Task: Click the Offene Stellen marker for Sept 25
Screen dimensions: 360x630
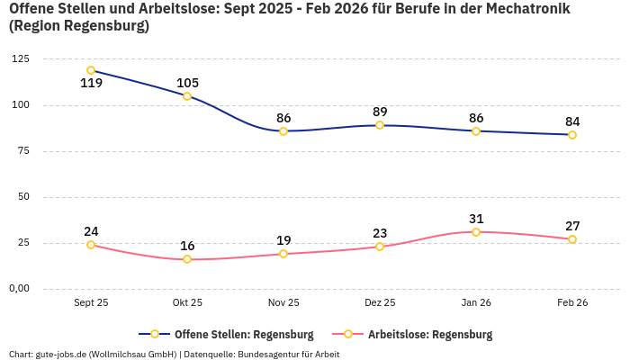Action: (91, 70)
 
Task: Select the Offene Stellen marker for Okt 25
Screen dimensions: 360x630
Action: (187, 96)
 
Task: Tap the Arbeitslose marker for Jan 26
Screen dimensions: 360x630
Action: (476, 232)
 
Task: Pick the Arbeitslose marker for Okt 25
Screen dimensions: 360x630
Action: (187, 259)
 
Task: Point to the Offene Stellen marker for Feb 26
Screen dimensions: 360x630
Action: (572, 135)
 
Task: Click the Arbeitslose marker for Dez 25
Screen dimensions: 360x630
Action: (380, 247)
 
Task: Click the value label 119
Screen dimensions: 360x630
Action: (91, 84)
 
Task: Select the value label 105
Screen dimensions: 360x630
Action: (187, 83)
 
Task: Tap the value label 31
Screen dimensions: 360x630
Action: (476, 219)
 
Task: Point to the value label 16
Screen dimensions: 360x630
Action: (187, 246)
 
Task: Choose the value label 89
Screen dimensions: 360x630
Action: (380, 112)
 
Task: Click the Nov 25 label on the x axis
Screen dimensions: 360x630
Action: (283, 303)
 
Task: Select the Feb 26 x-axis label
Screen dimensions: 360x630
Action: (572, 303)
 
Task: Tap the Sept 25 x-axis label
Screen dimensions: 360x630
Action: (91, 303)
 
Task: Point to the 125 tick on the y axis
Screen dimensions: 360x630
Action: (20, 59)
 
